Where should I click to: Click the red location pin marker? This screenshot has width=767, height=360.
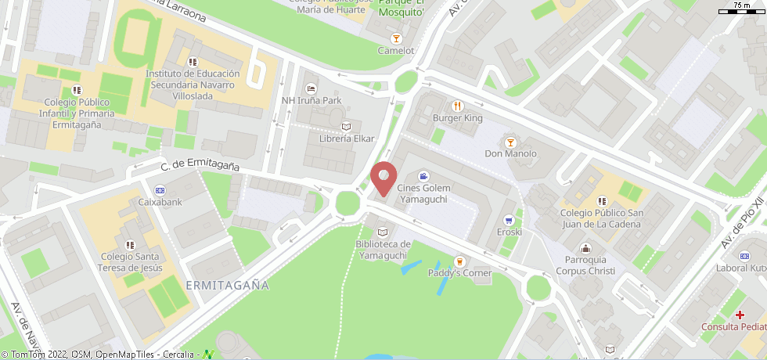(383, 177)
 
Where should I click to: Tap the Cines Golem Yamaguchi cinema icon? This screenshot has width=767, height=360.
(423, 177)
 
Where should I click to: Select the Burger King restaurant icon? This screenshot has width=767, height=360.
(458, 106)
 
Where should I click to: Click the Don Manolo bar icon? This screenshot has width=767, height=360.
(510, 142)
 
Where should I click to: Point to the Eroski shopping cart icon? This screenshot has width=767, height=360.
(509, 221)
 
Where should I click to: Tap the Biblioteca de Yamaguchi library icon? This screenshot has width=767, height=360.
(382, 232)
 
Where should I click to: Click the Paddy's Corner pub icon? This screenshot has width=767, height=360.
(459, 261)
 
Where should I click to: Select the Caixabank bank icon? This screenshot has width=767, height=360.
(160, 190)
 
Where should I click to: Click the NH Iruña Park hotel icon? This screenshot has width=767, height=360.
(311, 88)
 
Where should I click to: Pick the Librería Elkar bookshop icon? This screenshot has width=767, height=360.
(347, 127)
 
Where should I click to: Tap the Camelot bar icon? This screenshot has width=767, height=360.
(396, 38)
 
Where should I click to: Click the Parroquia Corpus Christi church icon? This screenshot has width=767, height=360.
(585, 248)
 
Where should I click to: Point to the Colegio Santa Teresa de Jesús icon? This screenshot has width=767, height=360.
(129, 245)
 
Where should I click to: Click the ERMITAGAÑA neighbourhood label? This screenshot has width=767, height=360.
(228, 286)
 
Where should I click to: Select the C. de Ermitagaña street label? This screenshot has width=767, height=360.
(200, 166)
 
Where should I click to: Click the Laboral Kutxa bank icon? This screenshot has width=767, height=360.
(741, 257)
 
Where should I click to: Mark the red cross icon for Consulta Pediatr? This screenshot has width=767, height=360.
(740, 315)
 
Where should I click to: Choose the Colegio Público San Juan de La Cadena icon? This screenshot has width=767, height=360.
(601, 201)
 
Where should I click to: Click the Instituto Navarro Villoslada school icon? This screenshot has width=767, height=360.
(193, 62)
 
